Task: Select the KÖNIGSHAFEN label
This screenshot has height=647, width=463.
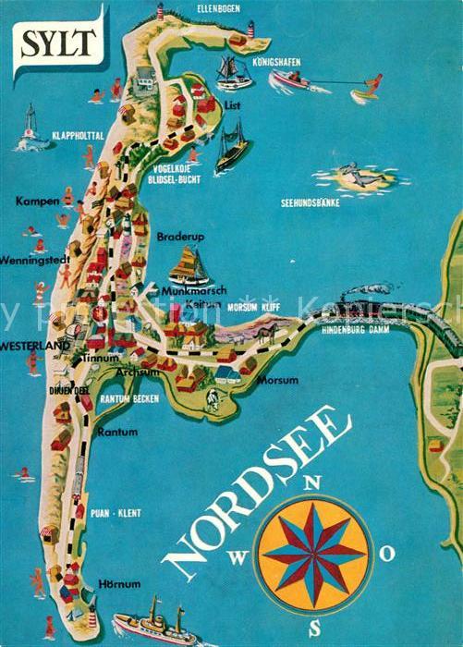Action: pyautogui.click(x=276, y=63)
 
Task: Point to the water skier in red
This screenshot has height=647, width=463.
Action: pyautogui.click(x=370, y=87)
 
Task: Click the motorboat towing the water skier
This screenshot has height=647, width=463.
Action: pyautogui.click(x=289, y=82)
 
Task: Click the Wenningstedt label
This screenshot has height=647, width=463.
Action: pyautogui.click(x=34, y=259)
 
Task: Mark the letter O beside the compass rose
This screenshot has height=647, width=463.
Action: pyautogui.click(x=389, y=553)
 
